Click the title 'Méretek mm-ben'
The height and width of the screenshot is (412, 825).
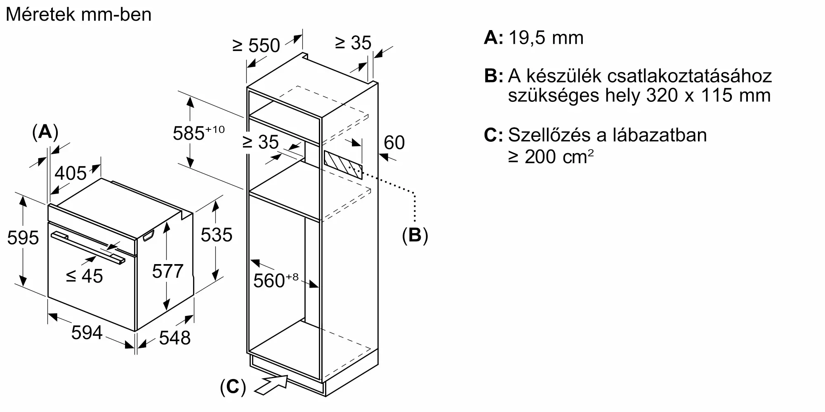pos(79,15)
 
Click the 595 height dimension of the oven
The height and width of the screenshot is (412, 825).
pos(23,238)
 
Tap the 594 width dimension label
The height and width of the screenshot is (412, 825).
pos(87,332)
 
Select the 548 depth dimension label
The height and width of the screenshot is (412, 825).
pos(175,338)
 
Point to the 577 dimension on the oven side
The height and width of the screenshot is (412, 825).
pos(167,271)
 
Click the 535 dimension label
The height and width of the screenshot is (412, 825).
pos(217,235)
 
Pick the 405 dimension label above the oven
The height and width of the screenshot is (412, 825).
pos(71,173)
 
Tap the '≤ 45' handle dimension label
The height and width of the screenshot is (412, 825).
pos(85,276)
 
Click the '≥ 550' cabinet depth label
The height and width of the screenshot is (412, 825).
pos(256,45)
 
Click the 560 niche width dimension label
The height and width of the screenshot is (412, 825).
pos(276,280)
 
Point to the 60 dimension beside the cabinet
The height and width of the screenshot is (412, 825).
pos(394,143)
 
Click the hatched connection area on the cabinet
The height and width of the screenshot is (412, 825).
pos(343,165)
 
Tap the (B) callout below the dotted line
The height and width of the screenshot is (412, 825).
pos(415,235)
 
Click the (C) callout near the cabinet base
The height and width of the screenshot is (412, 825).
pos(233,387)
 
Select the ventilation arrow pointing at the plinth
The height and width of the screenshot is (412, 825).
pos(271,384)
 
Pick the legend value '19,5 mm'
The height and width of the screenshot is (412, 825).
pos(546,38)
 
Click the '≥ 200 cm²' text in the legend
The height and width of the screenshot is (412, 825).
pos(551,157)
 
